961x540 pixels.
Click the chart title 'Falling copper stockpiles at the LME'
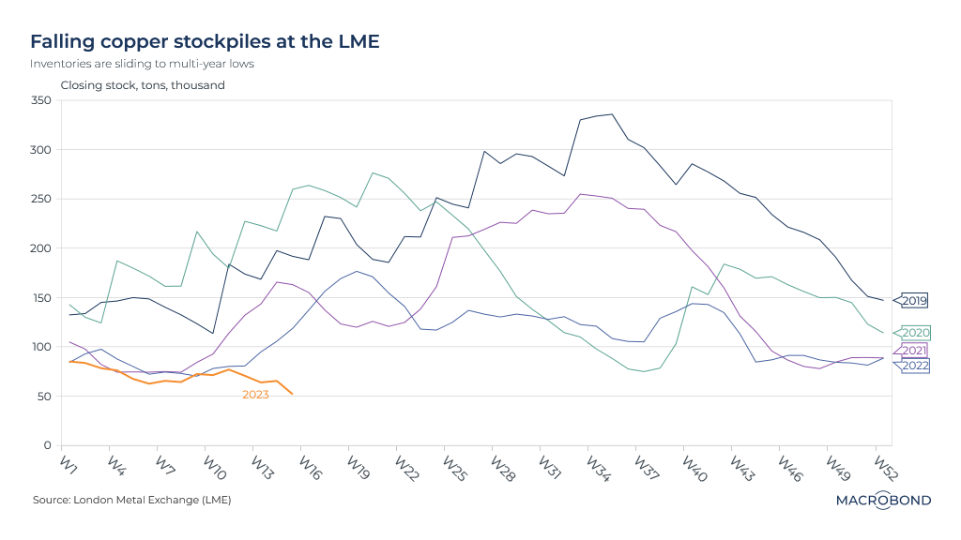click(205, 42)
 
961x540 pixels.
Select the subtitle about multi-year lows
click(142, 64)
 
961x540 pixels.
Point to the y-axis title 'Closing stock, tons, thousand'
click(143, 85)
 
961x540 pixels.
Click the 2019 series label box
click(915, 301)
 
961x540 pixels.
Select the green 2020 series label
click(915, 333)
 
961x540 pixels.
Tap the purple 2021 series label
click(915, 350)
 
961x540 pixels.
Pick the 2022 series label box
click(915, 366)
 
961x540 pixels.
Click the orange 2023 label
click(255, 395)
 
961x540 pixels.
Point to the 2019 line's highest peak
click(612, 114)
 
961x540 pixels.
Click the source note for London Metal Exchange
click(131, 500)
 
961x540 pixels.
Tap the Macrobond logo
click(883, 500)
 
